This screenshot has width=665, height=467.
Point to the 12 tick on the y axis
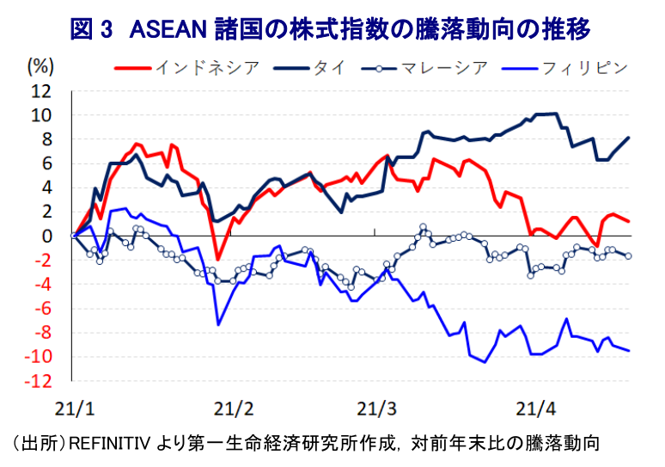point(42,90)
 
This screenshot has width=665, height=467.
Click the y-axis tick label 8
point(46,138)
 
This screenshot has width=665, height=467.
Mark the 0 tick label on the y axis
point(46,236)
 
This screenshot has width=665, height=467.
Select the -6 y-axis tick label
point(42,308)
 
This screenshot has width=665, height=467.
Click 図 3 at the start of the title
point(92,30)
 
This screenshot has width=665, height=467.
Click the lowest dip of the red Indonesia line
point(218,259)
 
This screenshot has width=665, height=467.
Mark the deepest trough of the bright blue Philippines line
point(485,362)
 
